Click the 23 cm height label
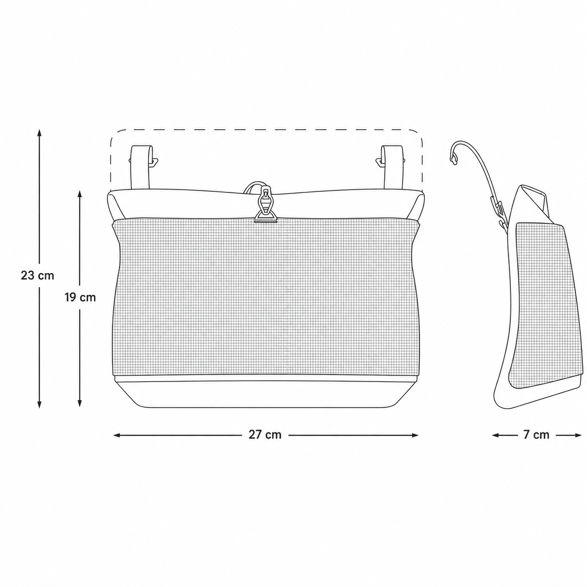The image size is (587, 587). (x=37, y=276)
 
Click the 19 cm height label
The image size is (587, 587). (x=80, y=297)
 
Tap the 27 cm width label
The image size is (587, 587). (x=265, y=435)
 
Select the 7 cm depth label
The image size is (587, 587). (x=536, y=435)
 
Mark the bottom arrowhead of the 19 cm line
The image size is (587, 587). (x=80, y=403)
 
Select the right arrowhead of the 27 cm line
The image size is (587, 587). (x=414, y=436)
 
